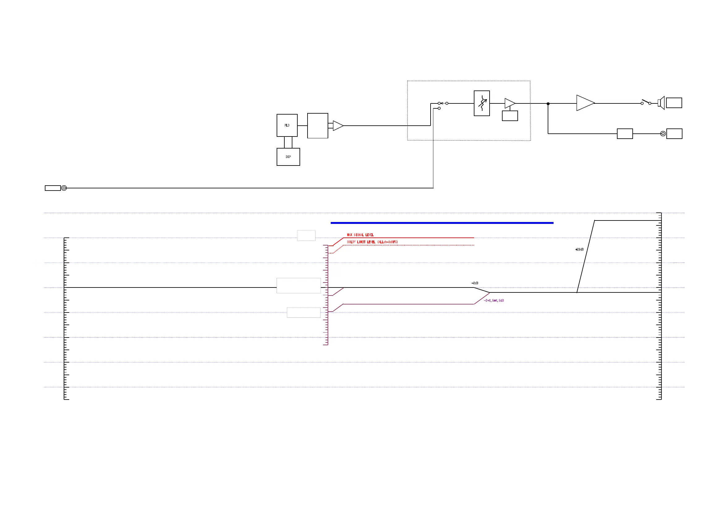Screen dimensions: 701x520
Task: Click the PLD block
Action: click(287, 125)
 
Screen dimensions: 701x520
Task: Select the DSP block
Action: click(288, 157)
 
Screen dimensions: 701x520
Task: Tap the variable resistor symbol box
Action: click(482, 103)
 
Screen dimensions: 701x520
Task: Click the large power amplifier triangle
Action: click(584, 103)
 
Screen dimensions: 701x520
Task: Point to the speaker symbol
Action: click(661, 103)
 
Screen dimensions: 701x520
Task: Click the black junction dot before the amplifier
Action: click(548, 103)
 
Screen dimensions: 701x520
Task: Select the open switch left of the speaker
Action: click(646, 102)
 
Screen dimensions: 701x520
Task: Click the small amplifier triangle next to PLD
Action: click(338, 126)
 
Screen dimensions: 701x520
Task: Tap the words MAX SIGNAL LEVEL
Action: click(360, 235)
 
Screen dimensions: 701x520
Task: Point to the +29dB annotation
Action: click(579, 250)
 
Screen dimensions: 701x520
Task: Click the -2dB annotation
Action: click(475, 283)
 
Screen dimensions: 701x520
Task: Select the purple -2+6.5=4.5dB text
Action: click(494, 300)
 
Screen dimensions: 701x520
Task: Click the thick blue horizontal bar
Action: click(442, 223)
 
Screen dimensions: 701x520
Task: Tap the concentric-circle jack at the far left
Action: click(64, 188)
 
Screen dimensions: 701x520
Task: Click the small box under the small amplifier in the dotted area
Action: click(510, 116)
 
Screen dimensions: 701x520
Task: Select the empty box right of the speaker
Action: click(674, 103)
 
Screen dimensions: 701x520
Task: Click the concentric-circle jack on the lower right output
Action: click(663, 134)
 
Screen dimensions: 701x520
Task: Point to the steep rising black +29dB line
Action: click(586, 256)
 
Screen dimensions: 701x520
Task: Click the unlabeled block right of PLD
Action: click(317, 126)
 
